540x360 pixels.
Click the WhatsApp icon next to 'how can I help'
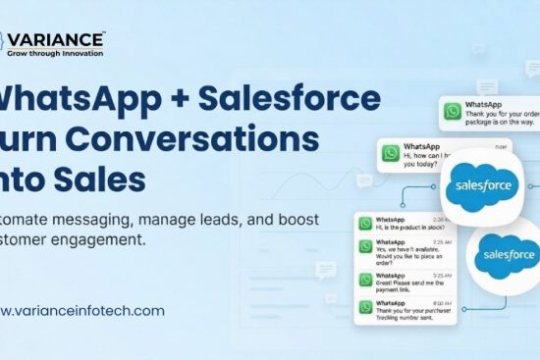(392, 154)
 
